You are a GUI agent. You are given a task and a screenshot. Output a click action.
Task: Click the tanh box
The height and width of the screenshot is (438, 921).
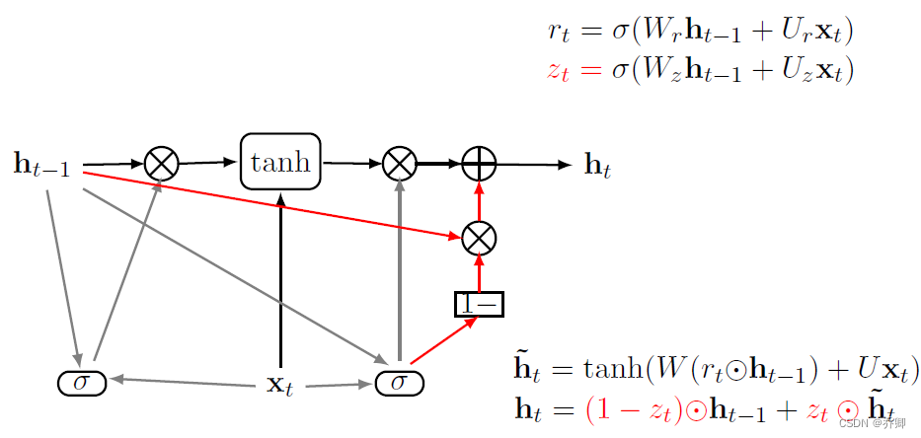(280, 163)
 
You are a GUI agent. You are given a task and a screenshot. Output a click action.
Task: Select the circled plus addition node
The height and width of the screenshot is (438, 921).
(479, 163)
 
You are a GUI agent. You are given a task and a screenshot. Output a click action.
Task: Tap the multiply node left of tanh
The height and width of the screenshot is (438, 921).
(161, 163)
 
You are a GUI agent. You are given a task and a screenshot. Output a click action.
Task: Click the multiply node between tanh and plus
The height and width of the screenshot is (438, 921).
(399, 163)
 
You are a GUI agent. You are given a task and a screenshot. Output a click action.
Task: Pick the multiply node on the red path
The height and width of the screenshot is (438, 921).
(479, 237)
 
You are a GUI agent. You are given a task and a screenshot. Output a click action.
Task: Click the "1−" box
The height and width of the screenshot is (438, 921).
(479, 304)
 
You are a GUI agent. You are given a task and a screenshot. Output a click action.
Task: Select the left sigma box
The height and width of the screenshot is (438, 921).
(82, 382)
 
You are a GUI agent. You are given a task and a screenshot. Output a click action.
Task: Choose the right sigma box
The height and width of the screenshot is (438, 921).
(399, 382)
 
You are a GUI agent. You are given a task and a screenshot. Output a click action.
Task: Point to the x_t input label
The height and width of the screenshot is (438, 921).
(280, 384)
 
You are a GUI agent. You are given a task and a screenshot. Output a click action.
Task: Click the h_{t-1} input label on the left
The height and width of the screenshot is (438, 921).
(42, 165)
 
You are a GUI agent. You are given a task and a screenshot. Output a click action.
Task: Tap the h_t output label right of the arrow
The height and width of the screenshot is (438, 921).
(598, 167)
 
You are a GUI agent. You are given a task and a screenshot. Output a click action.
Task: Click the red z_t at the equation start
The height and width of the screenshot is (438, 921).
(558, 71)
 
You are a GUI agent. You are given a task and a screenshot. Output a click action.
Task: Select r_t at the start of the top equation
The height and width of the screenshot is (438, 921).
(559, 32)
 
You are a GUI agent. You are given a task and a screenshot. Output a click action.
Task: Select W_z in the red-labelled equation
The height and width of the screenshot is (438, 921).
(656, 71)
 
